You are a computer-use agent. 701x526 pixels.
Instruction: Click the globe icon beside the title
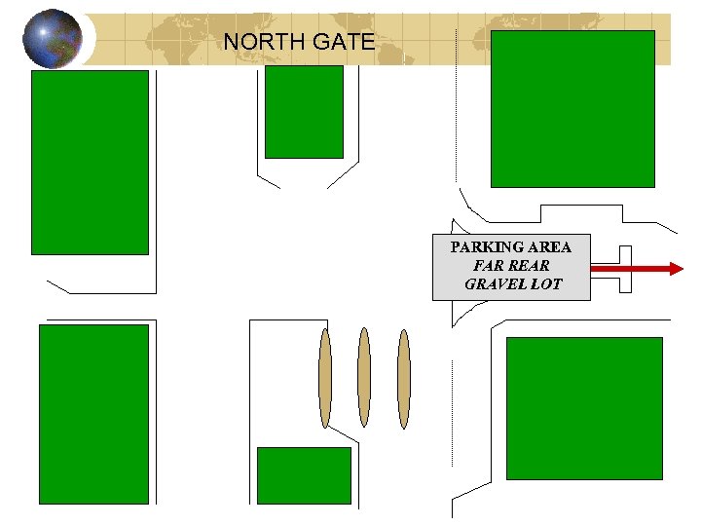pyautogui.click(x=52, y=39)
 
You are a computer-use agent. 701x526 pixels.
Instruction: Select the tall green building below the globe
pyautogui.click(x=90, y=162)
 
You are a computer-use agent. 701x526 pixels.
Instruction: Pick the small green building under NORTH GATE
pyautogui.click(x=304, y=111)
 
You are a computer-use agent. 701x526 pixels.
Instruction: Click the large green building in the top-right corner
pyautogui.click(x=572, y=108)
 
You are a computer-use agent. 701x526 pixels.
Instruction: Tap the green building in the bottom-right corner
pyautogui.click(x=584, y=408)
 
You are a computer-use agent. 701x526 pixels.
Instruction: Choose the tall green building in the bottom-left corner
pyautogui.click(x=93, y=414)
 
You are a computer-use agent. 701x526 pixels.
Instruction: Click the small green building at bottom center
pyautogui.click(x=304, y=475)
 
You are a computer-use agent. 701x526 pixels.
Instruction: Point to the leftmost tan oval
pyautogui.click(x=325, y=378)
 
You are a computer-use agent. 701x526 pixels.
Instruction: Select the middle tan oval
pyautogui.click(x=364, y=378)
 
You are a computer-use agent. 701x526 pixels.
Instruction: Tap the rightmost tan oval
pyautogui.click(x=403, y=378)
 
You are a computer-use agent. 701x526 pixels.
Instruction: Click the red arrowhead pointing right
pyautogui.click(x=675, y=268)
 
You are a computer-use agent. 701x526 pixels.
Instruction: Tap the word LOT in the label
pyautogui.click(x=546, y=284)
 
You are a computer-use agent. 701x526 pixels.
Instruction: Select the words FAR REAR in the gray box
pyautogui.click(x=511, y=266)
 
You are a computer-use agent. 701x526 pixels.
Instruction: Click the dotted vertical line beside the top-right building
pyautogui.click(x=456, y=107)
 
